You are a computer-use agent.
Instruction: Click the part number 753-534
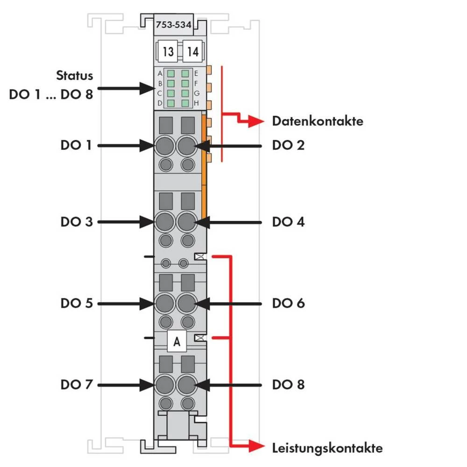[x=173, y=26]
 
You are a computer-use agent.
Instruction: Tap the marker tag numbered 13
[x=169, y=51]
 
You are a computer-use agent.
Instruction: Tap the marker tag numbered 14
[x=192, y=51]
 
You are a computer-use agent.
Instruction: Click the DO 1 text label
[x=77, y=145]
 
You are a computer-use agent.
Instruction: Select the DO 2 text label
[x=288, y=145]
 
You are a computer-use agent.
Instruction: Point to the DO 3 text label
[x=77, y=221]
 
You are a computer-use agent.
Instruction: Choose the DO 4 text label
[x=288, y=221]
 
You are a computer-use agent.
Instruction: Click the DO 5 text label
[x=77, y=303]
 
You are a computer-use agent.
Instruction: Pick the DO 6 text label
[x=288, y=303]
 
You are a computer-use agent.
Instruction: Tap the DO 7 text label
[x=77, y=384]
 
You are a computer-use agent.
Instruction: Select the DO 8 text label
[x=288, y=384]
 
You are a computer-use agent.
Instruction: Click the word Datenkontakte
[x=318, y=121]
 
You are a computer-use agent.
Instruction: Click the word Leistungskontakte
[x=327, y=448]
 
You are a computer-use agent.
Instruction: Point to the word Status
[x=74, y=75]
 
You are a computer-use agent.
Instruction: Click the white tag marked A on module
[x=177, y=342]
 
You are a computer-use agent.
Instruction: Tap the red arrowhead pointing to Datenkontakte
[x=255, y=122]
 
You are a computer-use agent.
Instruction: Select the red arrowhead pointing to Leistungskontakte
[x=255, y=447]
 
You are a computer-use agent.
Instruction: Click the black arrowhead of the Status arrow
[x=146, y=88]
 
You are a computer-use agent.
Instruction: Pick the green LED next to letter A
[x=171, y=73]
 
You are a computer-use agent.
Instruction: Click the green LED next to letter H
[x=185, y=103]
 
